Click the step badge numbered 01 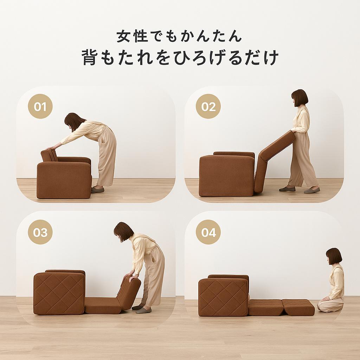point(40,106)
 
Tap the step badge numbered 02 point(208,106)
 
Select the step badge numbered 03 point(40,232)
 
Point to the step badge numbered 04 point(208,232)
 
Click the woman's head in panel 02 point(300,98)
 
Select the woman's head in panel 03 point(123,231)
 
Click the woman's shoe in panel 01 point(98,189)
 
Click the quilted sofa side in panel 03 point(59,294)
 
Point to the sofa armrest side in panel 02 point(227,176)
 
